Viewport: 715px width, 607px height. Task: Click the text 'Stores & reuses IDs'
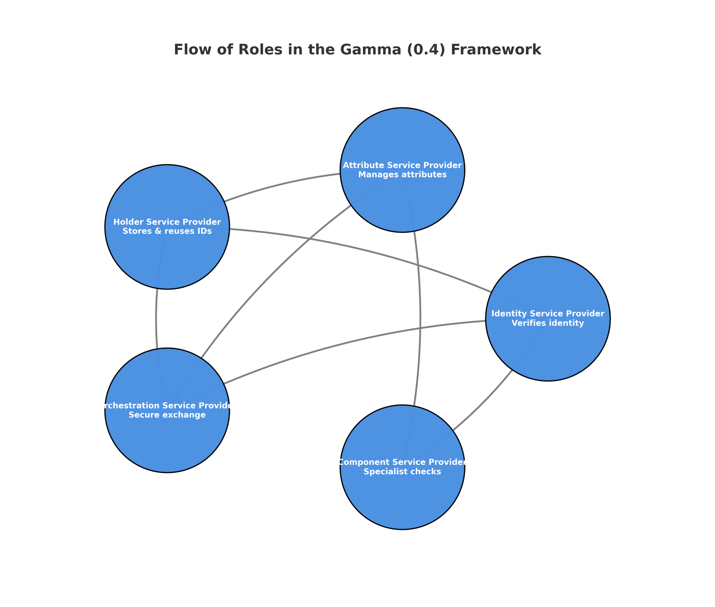click(167, 231)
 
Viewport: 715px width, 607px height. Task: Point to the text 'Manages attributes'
click(402, 175)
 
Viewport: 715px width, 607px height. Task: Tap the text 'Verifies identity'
click(547, 323)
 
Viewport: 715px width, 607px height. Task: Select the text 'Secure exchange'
click(167, 415)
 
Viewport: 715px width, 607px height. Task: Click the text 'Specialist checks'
click(402, 472)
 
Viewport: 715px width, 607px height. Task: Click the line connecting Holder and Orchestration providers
click(156, 320)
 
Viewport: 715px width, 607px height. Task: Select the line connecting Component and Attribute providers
click(420, 320)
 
